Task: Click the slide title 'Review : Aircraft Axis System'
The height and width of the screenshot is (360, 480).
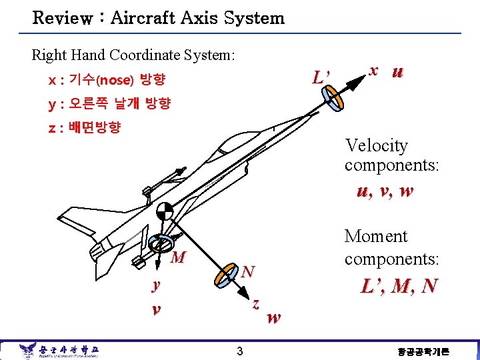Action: [159, 18]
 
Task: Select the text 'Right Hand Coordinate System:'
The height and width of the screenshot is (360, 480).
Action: [133, 55]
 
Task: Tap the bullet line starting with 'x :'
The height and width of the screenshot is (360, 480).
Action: [107, 81]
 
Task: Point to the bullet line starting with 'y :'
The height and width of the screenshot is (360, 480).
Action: [109, 103]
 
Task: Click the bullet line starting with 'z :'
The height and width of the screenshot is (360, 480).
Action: [84, 127]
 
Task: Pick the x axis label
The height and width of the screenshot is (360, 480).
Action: [375, 70]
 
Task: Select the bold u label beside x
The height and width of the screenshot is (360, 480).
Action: [397, 71]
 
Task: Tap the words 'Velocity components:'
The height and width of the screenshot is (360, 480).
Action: [392, 155]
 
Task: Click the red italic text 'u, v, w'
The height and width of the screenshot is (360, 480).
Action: [385, 191]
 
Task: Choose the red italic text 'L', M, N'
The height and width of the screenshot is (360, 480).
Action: [399, 286]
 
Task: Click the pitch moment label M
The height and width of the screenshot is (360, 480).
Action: [178, 257]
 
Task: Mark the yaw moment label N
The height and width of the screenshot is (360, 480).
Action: [248, 271]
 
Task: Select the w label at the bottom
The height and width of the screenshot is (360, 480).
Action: [273, 318]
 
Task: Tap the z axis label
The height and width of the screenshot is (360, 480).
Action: [255, 303]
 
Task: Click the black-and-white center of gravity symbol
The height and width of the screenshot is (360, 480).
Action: [164, 212]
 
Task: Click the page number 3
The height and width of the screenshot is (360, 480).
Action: [239, 351]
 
